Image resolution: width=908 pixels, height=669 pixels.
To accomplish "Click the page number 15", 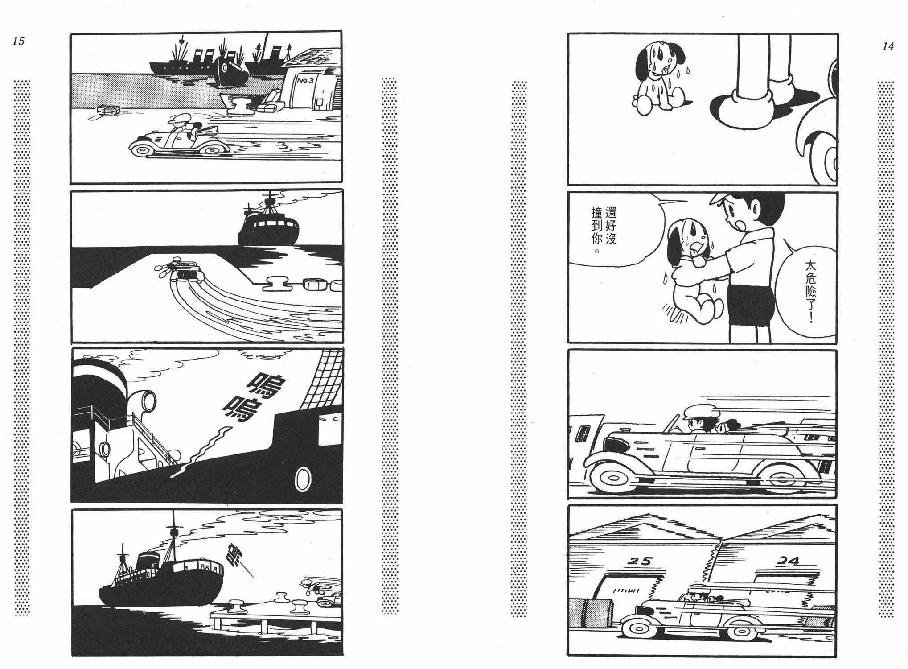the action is coord(18,41).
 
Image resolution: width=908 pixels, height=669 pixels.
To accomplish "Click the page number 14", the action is coord(887,46).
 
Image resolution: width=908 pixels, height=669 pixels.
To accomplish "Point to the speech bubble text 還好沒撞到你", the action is coord(603,231).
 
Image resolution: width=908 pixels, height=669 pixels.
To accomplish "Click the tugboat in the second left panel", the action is coord(267,223).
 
